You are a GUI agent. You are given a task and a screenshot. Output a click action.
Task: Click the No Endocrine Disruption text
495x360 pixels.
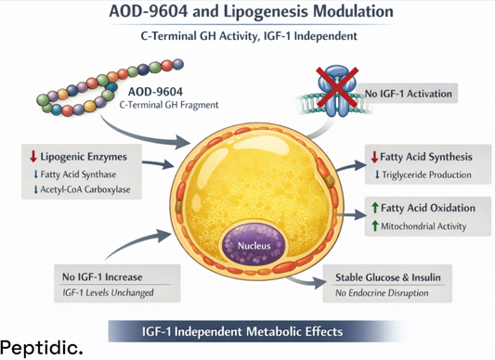(x=388, y=294)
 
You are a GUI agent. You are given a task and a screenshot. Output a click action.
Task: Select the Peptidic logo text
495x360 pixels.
(x=41, y=348)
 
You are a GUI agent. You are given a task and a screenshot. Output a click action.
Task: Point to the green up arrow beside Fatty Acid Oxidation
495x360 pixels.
(x=374, y=208)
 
